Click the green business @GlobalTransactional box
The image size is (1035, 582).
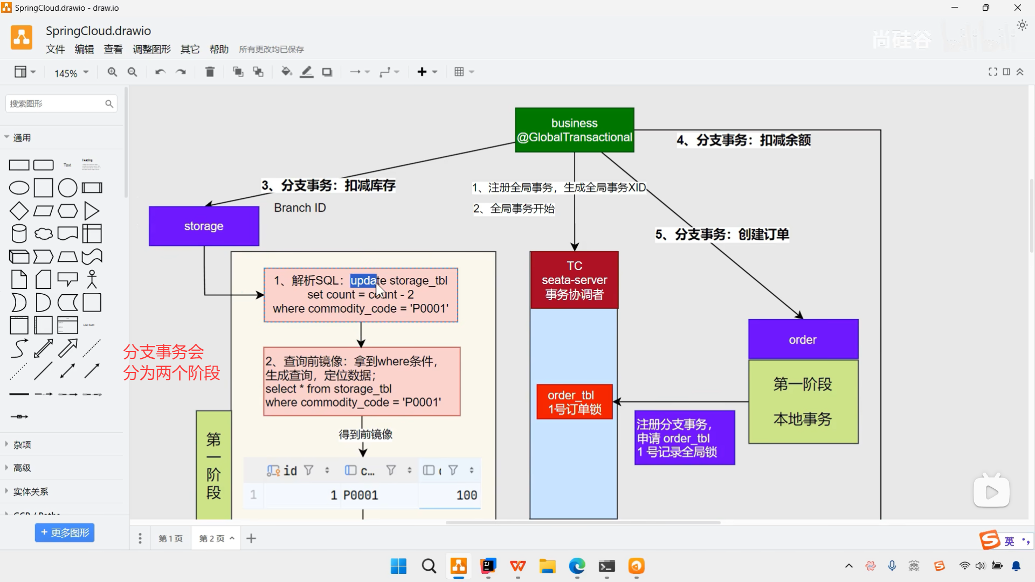coord(574,130)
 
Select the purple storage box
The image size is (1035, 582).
coord(204,226)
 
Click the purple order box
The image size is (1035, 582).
coord(803,339)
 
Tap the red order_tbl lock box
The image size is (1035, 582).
coord(574,402)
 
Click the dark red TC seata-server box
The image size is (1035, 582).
coord(574,280)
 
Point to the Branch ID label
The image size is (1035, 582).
coord(300,208)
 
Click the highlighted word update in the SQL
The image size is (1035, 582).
coord(363,280)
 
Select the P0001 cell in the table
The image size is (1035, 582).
coord(361,495)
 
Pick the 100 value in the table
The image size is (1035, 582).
coord(466,495)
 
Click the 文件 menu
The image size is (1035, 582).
coord(55,50)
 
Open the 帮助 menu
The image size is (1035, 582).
coord(219,50)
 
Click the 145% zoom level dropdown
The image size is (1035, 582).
coord(71,73)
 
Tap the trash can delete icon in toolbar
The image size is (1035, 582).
coord(210,72)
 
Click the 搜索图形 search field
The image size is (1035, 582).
coord(57,103)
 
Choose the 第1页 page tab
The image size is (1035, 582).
coord(170,538)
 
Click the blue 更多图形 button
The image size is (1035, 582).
coord(65,532)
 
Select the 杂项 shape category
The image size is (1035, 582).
coord(22,445)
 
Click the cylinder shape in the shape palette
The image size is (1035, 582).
coord(19,234)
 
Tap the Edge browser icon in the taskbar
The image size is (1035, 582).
coord(577,566)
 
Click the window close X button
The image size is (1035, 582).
coord(1018,8)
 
